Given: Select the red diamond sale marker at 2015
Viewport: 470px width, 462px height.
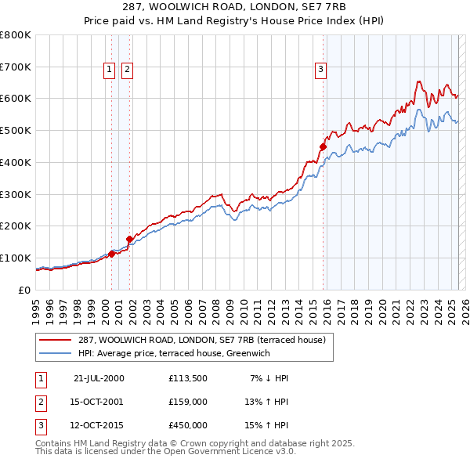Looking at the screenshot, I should (323, 146).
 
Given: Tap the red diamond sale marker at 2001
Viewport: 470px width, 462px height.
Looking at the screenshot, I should (129, 239).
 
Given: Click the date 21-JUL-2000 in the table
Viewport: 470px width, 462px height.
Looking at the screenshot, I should (99, 378).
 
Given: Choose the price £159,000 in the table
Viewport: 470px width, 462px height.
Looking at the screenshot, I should (188, 402).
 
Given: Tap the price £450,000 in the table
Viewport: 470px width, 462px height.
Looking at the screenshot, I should (188, 425).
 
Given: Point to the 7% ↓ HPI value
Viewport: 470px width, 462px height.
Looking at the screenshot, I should (269, 378).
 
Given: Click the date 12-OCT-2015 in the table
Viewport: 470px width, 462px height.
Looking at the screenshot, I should (99, 425).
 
